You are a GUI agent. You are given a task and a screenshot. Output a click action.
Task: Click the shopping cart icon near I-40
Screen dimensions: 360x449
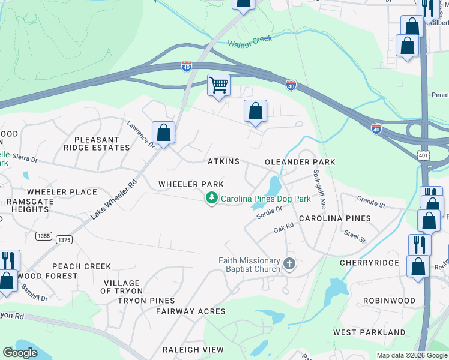pyautogui.click(x=219, y=85)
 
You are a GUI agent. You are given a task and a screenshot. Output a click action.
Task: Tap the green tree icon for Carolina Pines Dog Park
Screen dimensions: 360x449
pyautogui.click(x=211, y=197)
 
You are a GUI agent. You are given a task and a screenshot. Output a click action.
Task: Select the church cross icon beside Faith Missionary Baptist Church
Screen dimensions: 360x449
pyautogui.click(x=289, y=264)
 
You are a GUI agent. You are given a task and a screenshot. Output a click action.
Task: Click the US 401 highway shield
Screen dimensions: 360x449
pyautogui.click(x=424, y=155)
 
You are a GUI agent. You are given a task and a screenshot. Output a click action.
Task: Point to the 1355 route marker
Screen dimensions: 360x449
pyautogui.click(x=44, y=236)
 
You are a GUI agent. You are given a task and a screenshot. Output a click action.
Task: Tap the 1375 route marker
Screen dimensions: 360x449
pyautogui.click(x=64, y=239)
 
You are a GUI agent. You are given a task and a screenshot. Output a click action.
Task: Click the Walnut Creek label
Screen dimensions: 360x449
pyautogui.click(x=250, y=41)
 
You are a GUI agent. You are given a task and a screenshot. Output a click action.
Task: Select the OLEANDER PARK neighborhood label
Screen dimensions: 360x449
pyautogui.click(x=300, y=163)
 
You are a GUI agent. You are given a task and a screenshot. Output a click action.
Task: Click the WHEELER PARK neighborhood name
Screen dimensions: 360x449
pyautogui.click(x=191, y=184)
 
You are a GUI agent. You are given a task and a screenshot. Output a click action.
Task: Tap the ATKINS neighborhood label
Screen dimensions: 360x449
pyautogui.click(x=223, y=162)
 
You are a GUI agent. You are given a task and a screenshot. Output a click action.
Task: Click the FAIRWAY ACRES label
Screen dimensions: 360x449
pyautogui.click(x=191, y=311)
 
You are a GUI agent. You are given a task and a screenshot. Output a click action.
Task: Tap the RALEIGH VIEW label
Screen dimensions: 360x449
pyautogui.click(x=193, y=350)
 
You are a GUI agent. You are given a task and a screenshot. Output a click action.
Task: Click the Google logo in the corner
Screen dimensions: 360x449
pyautogui.click(x=20, y=353)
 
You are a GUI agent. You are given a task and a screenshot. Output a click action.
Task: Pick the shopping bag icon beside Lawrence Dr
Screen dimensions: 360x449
pyautogui.click(x=163, y=133)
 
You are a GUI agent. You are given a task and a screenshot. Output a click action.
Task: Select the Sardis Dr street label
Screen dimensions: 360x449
pyautogui.click(x=270, y=213)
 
